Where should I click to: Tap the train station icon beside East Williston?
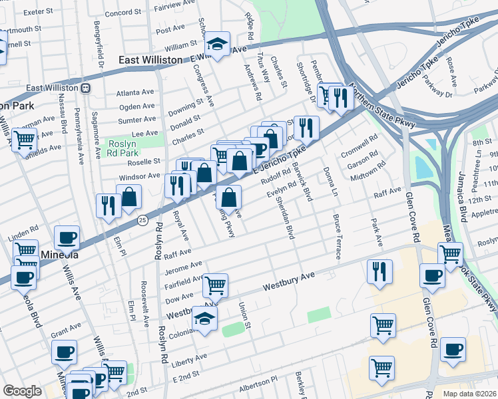(86, 88)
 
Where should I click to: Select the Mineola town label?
(59, 255)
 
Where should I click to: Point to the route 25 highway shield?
(142, 220)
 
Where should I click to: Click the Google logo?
(22, 391)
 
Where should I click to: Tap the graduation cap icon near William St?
(217, 44)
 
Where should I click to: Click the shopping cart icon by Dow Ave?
(215, 285)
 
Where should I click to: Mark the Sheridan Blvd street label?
(284, 217)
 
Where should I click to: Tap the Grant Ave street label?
(65, 329)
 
